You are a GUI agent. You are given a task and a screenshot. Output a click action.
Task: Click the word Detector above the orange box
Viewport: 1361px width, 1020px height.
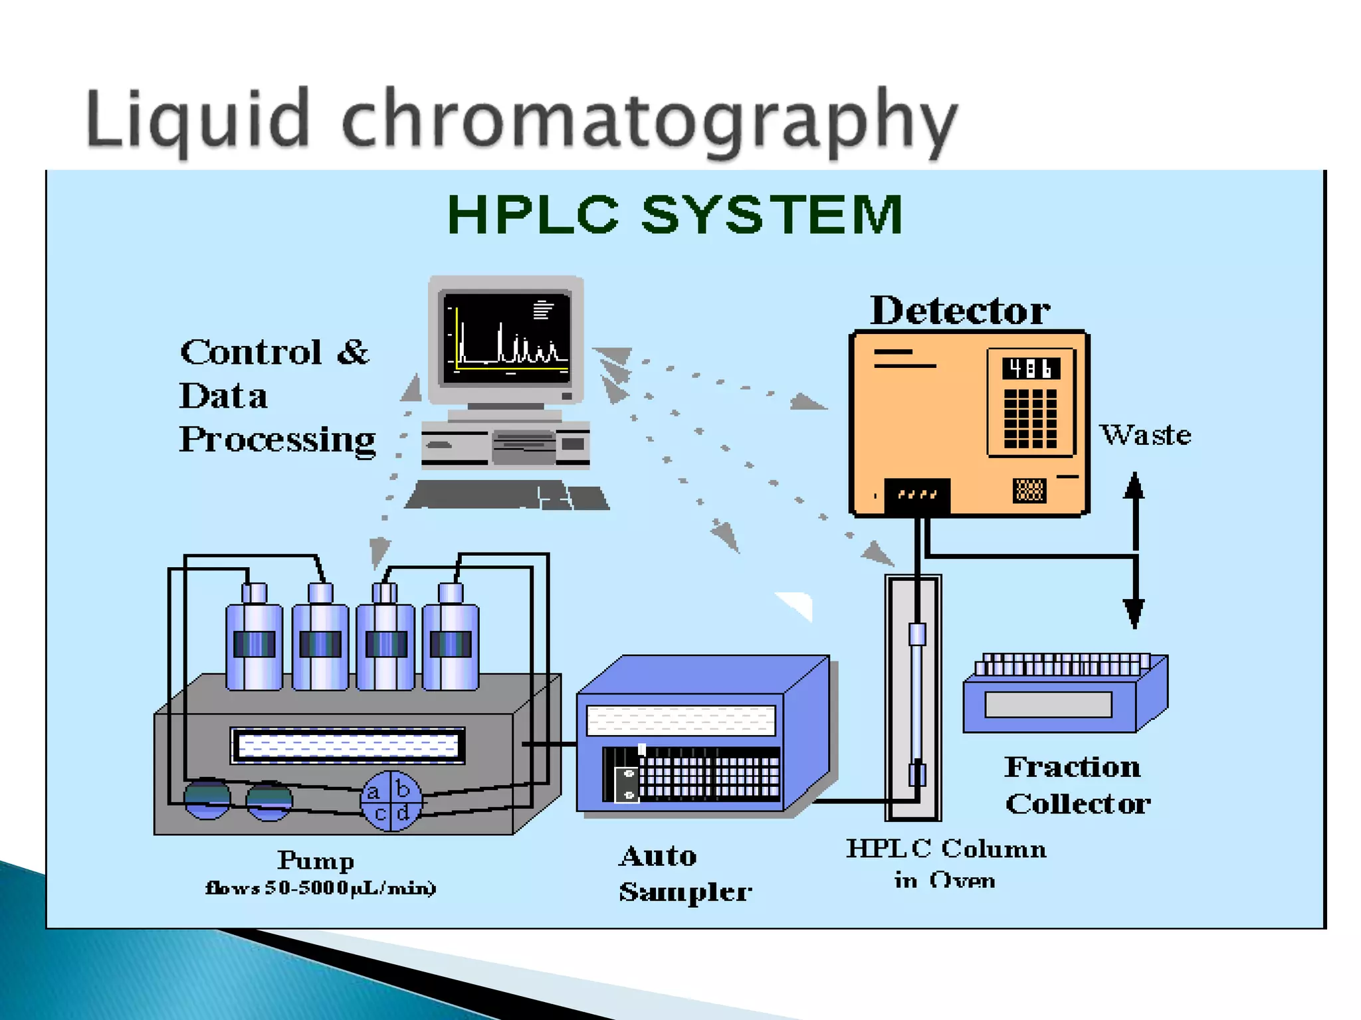tap(960, 311)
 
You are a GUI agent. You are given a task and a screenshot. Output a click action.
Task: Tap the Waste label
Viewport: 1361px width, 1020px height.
tap(1145, 435)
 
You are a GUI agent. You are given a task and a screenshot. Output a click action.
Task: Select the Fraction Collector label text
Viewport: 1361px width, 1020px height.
tap(1077, 785)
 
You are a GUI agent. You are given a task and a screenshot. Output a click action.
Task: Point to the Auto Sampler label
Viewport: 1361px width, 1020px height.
tap(684, 874)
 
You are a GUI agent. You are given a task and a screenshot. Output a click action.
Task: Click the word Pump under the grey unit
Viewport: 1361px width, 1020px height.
tap(316, 861)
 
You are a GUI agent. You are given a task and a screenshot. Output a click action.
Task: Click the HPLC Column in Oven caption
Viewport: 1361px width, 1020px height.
tap(946, 864)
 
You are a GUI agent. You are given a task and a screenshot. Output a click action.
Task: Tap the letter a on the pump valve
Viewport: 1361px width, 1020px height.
tap(373, 792)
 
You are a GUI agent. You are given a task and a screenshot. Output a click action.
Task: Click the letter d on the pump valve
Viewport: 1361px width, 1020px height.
tap(403, 813)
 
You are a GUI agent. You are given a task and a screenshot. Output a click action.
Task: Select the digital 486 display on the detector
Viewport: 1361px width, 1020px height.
tap(1031, 369)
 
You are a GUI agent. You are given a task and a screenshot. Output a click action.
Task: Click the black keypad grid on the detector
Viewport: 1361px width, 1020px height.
tap(1030, 419)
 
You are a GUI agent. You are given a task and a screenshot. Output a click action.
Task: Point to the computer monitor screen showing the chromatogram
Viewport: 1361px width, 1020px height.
tap(506, 339)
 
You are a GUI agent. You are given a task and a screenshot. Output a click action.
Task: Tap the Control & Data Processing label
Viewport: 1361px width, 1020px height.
tap(276, 396)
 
